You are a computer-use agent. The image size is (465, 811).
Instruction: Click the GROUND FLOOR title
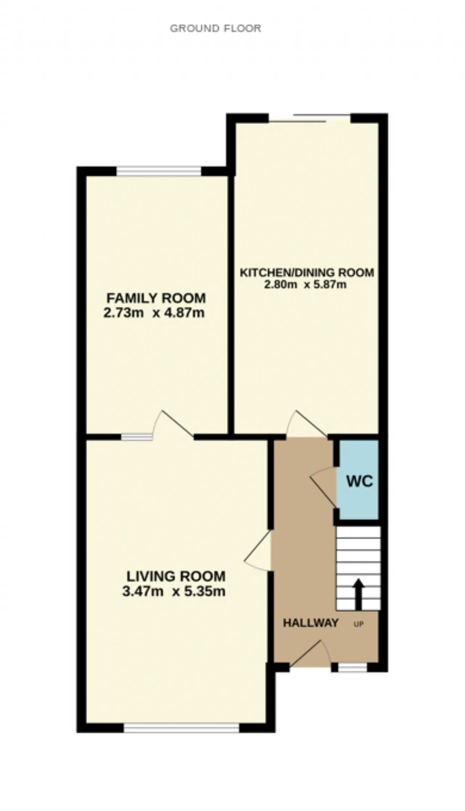click(215, 28)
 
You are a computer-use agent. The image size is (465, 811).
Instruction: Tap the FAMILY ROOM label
click(156, 298)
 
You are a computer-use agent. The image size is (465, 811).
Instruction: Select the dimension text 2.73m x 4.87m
click(154, 313)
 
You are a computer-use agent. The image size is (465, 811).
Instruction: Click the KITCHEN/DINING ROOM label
click(307, 272)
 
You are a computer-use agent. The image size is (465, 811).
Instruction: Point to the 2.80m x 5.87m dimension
click(305, 284)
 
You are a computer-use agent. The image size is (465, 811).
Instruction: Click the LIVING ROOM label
click(176, 576)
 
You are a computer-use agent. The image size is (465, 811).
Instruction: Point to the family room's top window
click(158, 171)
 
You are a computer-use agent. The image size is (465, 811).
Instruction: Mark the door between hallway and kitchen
click(307, 423)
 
